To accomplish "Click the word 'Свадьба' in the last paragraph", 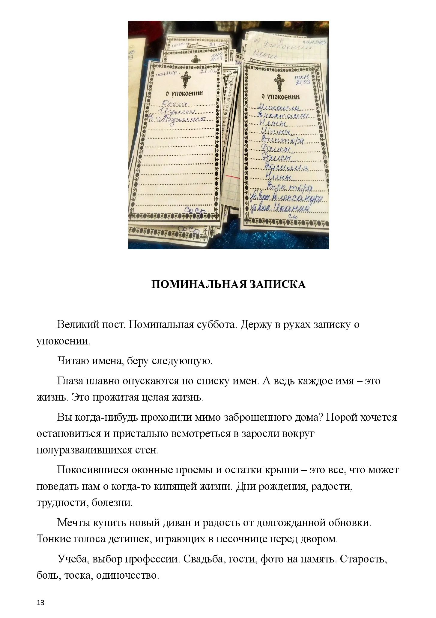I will [x=204, y=560].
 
